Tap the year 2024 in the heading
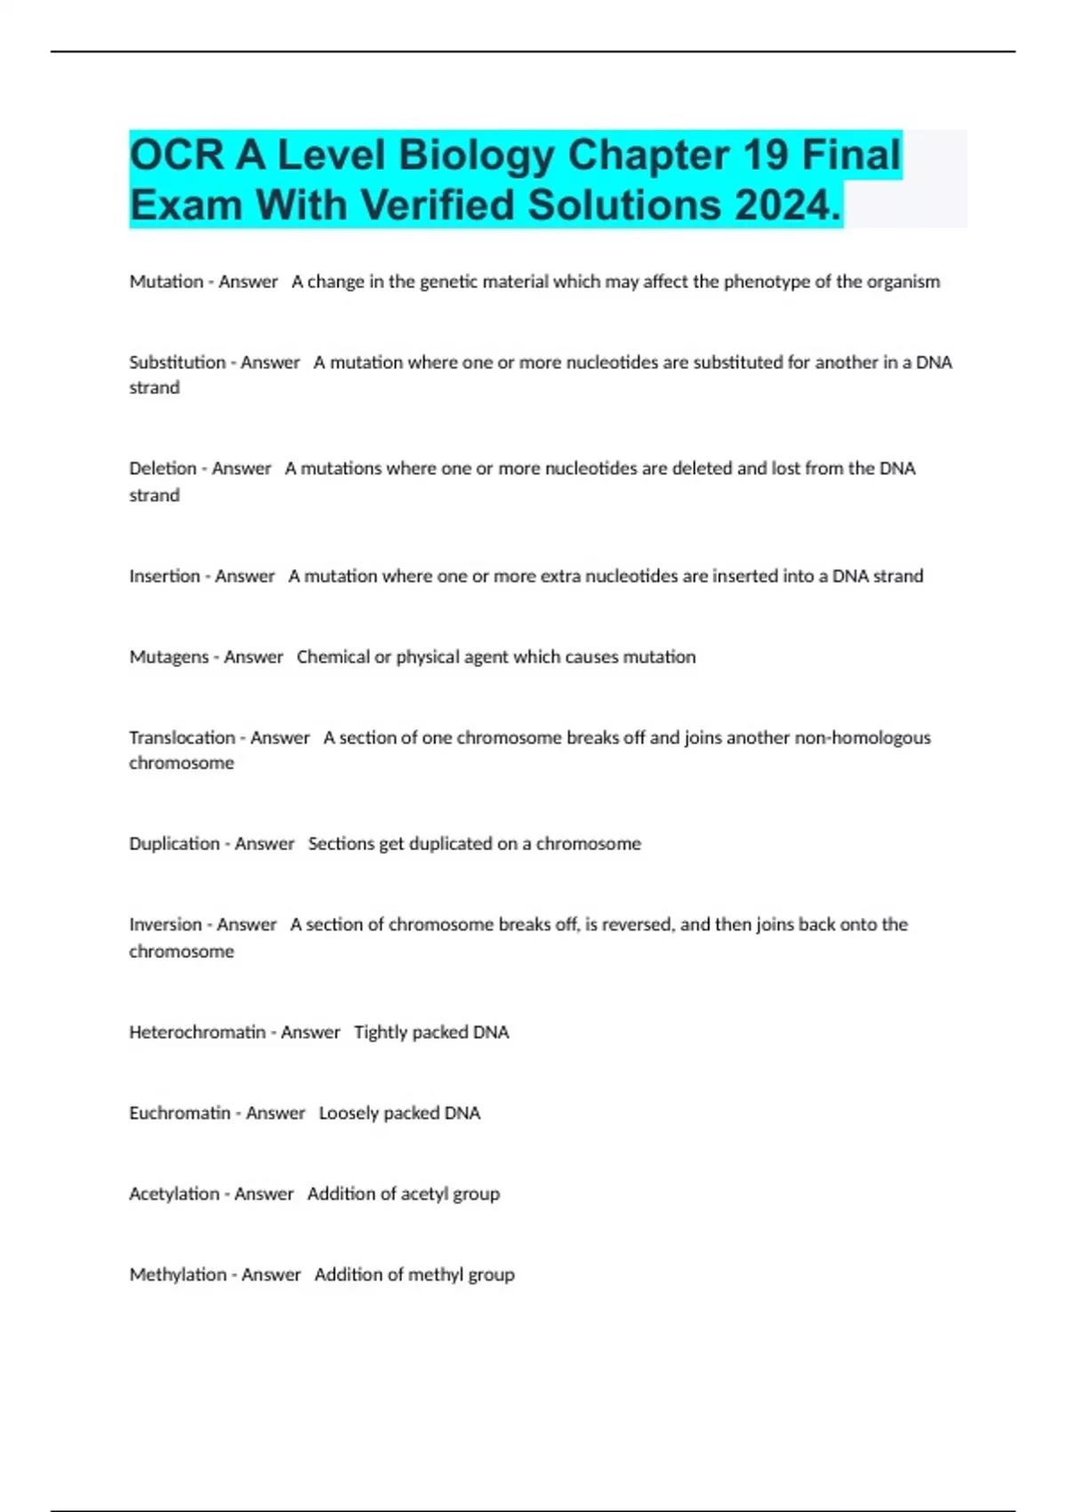782,205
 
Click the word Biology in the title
476,156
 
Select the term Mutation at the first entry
166,282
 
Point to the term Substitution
177,363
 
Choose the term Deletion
163,469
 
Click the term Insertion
164,576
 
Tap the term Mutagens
168,657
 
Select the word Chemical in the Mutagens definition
333,657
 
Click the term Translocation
182,738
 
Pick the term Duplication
174,844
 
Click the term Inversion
165,925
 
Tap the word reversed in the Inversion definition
638,925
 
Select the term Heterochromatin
197,1033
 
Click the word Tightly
381,1033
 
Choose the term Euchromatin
180,1114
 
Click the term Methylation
178,1275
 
